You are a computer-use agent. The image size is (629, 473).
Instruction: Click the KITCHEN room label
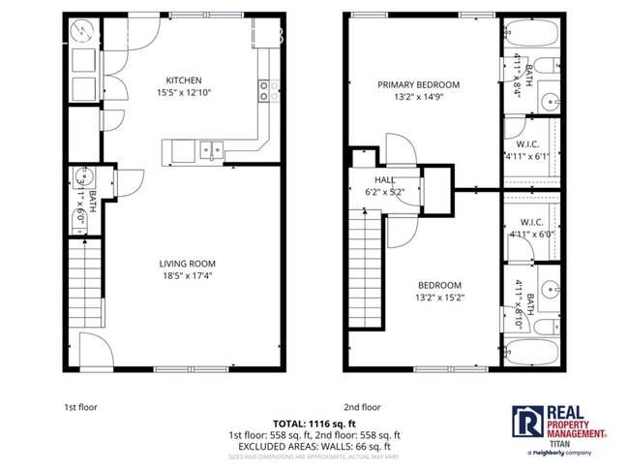(x=183, y=80)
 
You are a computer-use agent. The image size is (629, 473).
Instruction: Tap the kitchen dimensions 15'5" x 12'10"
(x=183, y=93)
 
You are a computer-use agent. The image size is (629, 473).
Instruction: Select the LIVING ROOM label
(x=187, y=264)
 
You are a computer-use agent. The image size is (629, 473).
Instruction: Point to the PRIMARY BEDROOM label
(x=418, y=84)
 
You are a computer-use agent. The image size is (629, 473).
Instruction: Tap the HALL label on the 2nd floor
(x=383, y=180)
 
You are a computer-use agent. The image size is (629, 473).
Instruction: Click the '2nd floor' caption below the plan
(x=362, y=408)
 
